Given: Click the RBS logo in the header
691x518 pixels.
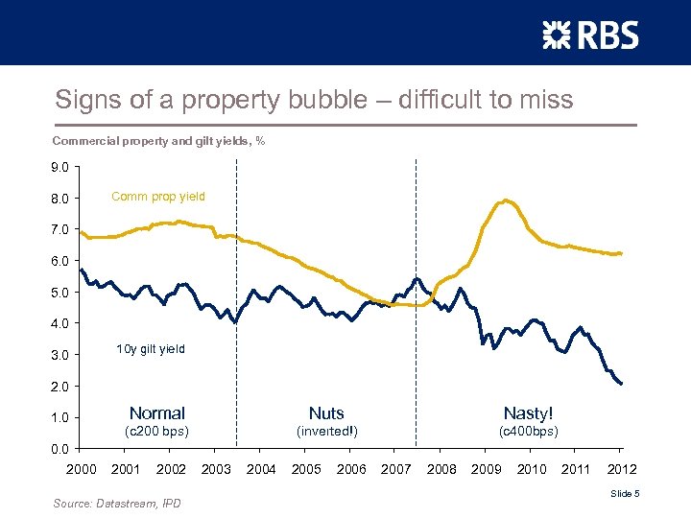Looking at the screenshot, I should (589, 35).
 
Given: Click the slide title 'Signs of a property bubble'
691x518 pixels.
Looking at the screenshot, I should (313, 100).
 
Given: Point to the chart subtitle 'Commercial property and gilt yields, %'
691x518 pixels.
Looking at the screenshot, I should (158, 141).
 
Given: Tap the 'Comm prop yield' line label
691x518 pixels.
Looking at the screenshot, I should (157, 197).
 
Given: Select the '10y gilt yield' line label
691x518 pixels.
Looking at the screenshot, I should (150, 349).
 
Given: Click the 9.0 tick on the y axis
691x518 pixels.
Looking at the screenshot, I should (60, 167).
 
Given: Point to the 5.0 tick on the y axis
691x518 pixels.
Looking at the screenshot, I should (60, 293).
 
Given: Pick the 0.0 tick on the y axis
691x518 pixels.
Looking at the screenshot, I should (60, 448).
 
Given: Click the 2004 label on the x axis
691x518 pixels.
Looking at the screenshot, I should (261, 469).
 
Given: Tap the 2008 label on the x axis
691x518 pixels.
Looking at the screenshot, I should (441, 469).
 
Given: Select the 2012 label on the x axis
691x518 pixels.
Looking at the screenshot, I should (621, 469).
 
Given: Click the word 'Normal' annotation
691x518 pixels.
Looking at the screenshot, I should (156, 413).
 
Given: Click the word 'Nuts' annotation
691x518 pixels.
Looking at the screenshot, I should (326, 413).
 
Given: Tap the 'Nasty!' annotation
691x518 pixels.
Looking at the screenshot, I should (528, 413).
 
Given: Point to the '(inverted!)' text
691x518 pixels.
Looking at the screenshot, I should (326, 432).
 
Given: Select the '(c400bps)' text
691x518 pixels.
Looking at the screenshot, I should (528, 432).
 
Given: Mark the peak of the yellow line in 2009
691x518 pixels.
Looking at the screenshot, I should (505, 200).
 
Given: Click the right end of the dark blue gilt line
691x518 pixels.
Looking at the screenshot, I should (622, 384).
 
